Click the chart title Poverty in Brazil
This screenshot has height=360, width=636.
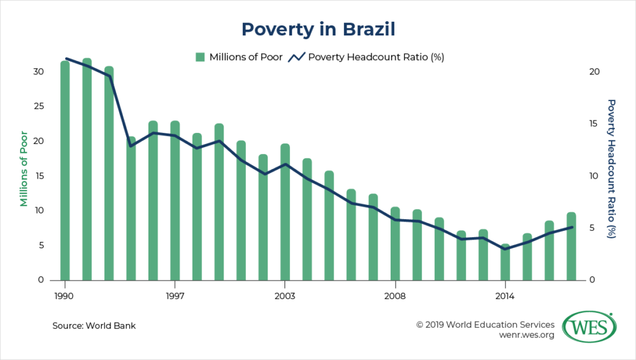tap(317, 29)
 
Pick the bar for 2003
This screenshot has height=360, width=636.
tap(285, 212)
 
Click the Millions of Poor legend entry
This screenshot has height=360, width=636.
tap(239, 57)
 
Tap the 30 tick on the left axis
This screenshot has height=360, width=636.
tap(39, 71)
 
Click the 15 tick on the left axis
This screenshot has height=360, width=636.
tap(39, 176)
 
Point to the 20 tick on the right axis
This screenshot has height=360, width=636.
tap(594, 71)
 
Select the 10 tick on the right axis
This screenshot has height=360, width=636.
tap(594, 176)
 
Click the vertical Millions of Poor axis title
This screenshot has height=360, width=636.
tap(24, 168)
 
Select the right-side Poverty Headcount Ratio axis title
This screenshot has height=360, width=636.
tap(611, 168)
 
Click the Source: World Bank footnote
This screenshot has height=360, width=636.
tap(94, 325)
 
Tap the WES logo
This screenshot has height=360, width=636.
tap(589, 326)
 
